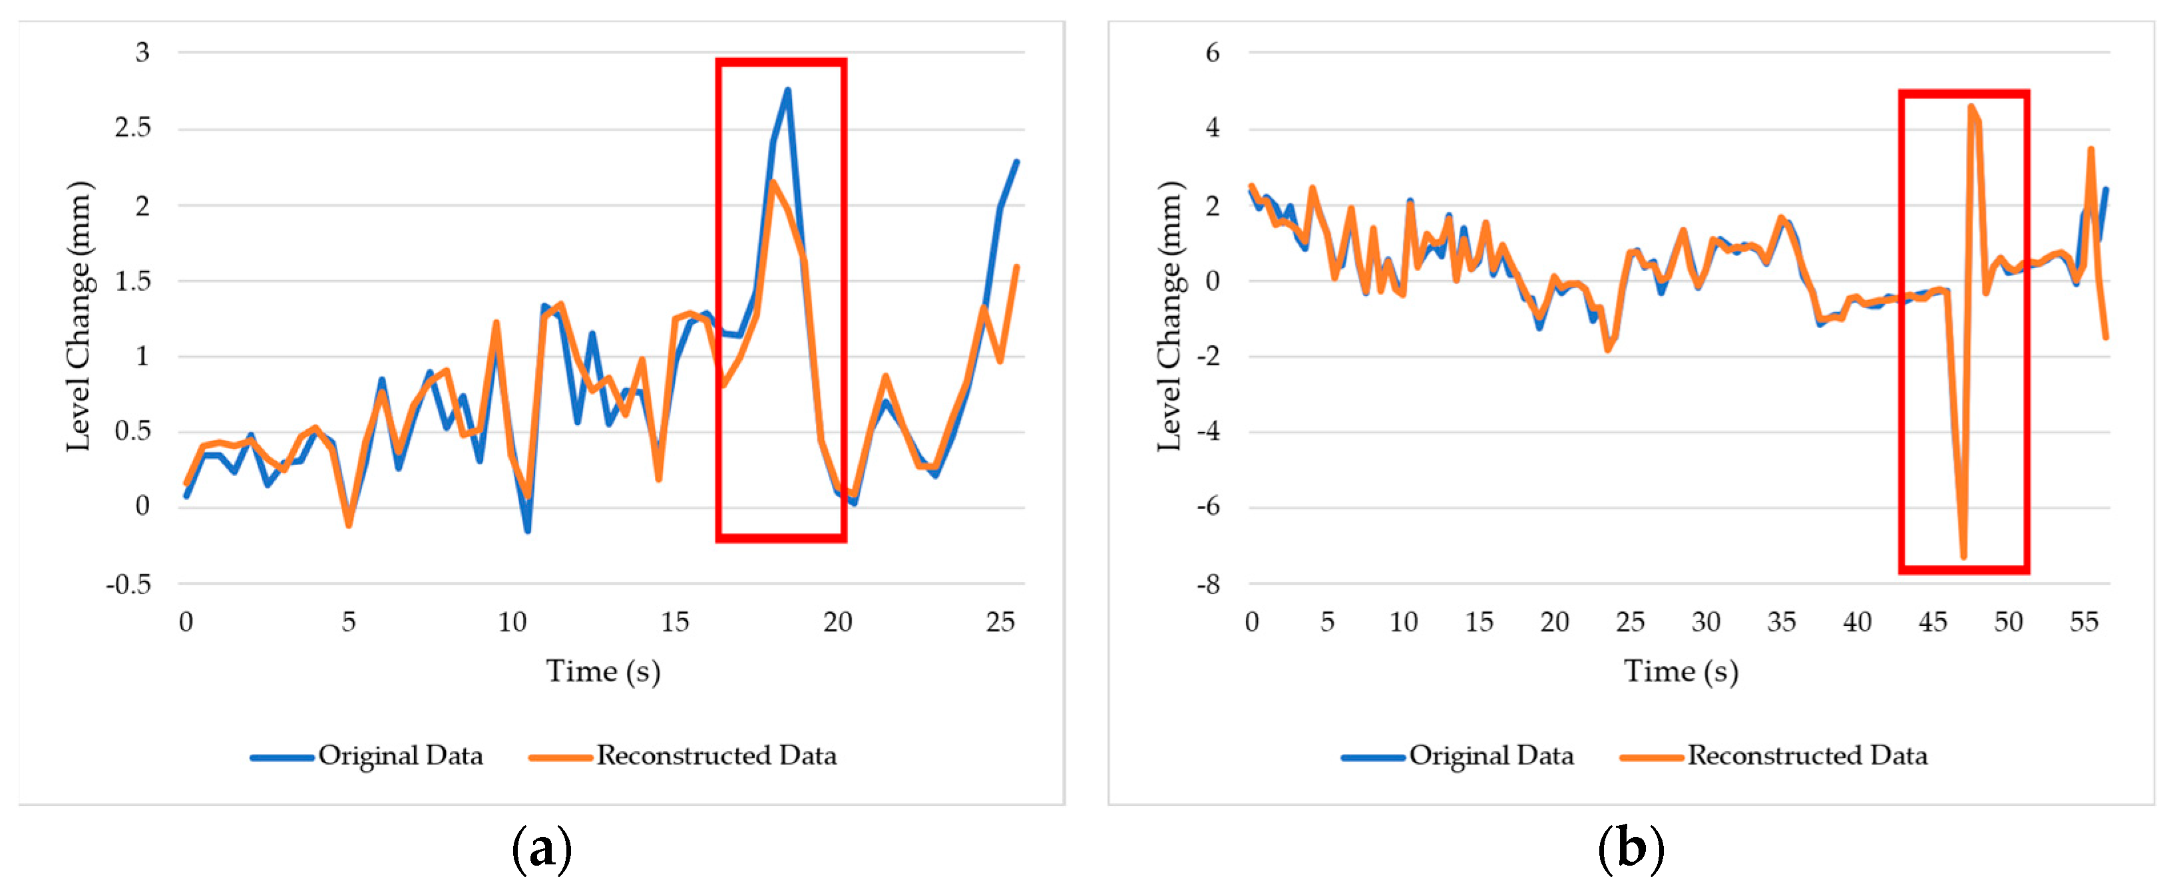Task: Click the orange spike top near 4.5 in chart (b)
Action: [1971, 107]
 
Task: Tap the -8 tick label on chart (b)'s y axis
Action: [1208, 584]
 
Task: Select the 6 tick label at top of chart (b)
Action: [1212, 53]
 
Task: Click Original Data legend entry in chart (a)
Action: [400, 755]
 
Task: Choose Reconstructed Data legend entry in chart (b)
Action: [1807, 755]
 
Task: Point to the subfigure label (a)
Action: [542, 848]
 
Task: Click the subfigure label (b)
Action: [1630, 848]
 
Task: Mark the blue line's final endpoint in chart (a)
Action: [1017, 161]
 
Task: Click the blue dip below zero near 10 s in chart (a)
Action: [528, 530]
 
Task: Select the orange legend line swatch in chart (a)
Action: [560, 757]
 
